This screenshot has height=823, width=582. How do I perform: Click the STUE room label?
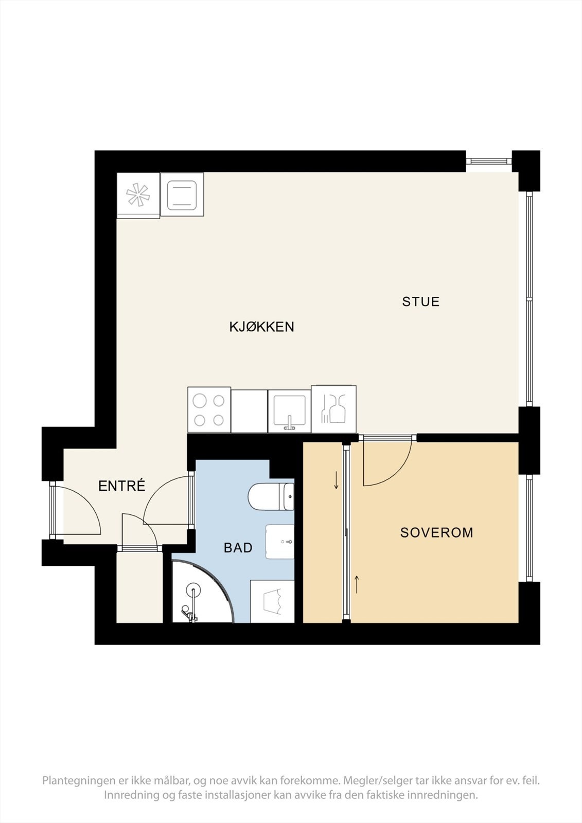click(x=420, y=301)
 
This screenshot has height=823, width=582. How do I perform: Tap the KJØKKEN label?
click(x=261, y=327)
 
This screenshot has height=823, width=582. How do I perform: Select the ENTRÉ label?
click(x=122, y=486)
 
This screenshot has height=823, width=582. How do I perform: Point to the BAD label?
click(x=238, y=548)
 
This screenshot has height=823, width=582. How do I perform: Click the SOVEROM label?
click(x=436, y=532)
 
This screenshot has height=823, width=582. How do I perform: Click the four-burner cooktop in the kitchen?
click(x=209, y=409)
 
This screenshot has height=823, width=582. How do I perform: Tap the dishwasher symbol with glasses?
click(x=333, y=409)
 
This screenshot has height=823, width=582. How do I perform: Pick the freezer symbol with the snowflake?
click(x=138, y=195)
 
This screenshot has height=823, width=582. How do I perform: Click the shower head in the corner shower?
click(x=193, y=589)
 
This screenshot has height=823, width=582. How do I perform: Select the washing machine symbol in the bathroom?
click(x=272, y=601)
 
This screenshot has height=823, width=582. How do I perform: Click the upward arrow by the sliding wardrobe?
click(x=356, y=584)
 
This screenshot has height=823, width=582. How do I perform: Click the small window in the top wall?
click(x=489, y=161)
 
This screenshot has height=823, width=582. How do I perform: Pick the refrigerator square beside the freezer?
click(x=182, y=195)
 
